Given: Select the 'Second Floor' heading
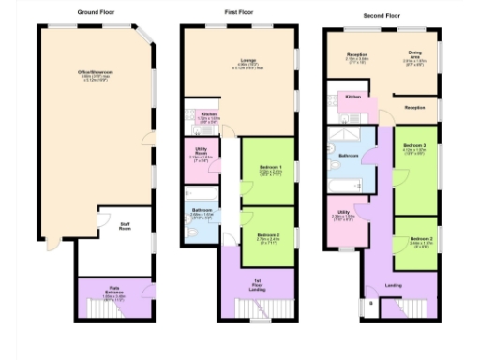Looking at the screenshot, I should click(x=382, y=16).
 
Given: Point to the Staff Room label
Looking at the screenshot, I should click(x=125, y=225).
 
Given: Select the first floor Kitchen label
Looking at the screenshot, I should click(x=209, y=114).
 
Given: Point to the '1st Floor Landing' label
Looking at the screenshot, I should click(x=256, y=285).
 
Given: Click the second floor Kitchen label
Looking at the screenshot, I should click(x=353, y=97).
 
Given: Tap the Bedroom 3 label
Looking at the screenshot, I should click(x=415, y=147).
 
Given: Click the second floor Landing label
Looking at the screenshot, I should click(x=394, y=285).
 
